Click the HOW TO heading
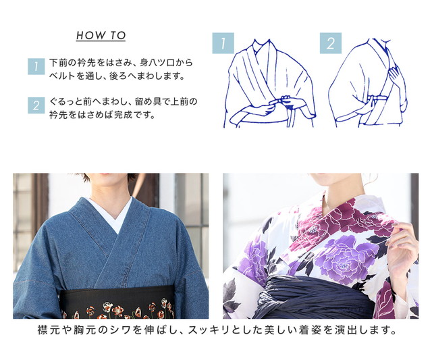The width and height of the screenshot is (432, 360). [101, 36]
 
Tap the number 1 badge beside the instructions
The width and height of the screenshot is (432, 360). [36, 66]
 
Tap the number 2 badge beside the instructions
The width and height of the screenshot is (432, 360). [36, 105]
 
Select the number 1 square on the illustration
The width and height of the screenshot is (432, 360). [223, 43]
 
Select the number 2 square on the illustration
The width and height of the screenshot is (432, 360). [331, 43]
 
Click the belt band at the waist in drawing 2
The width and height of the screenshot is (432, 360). [378, 99]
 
